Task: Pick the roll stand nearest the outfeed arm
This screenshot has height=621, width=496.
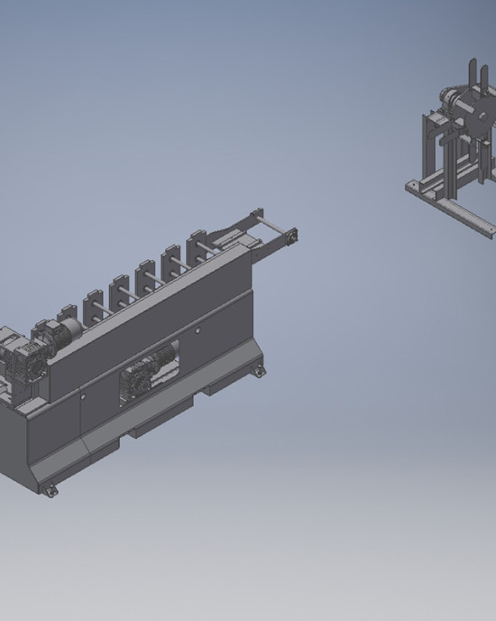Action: (196, 246)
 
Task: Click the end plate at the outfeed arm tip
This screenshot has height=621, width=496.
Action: (292, 237)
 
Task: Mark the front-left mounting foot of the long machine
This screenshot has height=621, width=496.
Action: (50, 488)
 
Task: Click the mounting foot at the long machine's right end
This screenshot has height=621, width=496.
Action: (259, 369)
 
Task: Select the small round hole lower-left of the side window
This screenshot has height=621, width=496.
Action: (81, 394)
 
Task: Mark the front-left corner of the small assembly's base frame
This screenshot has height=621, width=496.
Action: (411, 187)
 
